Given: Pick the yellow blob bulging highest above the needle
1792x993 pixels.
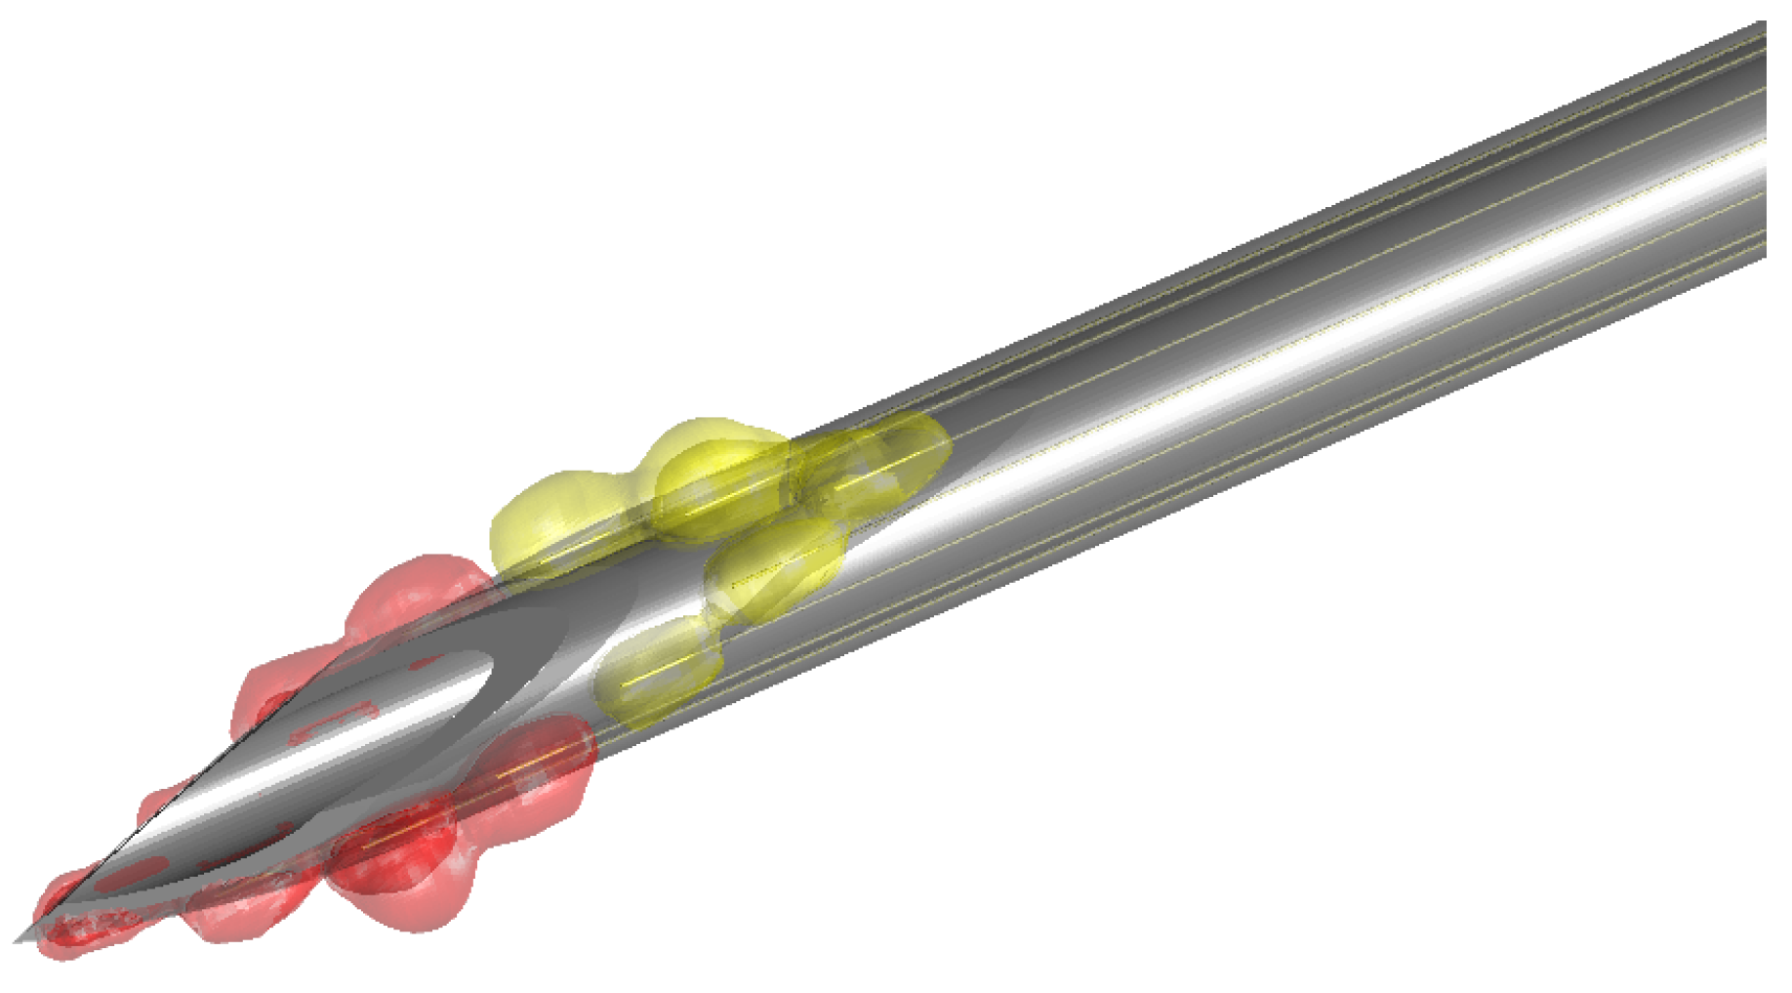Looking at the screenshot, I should pos(717,469).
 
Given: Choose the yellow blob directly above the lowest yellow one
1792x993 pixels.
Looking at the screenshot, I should pos(776,566).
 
